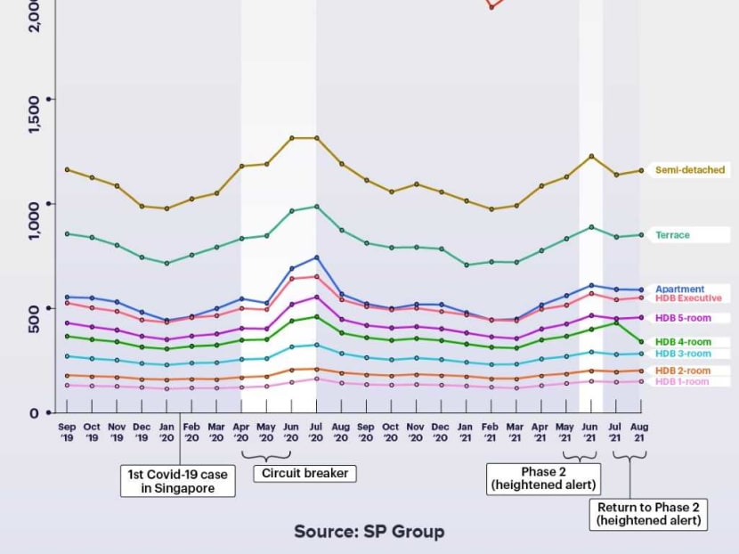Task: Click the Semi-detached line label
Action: click(x=690, y=170)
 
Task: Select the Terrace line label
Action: click(x=672, y=235)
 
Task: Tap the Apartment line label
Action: click(x=680, y=289)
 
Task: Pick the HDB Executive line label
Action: click(x=688, y=298)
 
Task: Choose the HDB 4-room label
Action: click(x=683, y=342)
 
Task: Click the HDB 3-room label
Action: click(x=683, y=354)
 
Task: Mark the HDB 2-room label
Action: click(x=683, y=371)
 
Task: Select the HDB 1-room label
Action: click(x=683, y=382)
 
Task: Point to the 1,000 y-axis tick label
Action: click(x=34, y=219)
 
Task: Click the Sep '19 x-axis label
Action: click(x=67, y=432)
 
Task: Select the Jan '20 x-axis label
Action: click(x=166, y=432)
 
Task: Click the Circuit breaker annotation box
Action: click(x=305, y=473)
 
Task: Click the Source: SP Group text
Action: click(x=369, y=532)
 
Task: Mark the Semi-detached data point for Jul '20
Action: click(x=316, y=138)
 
